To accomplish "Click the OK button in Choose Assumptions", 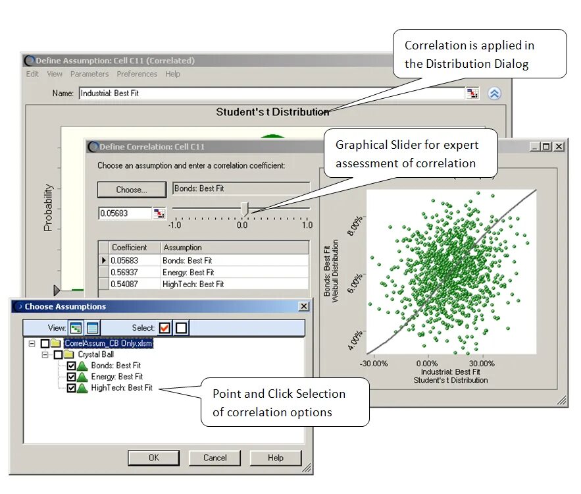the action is tap(153, 458).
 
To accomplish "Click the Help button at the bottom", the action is tap(275, 458).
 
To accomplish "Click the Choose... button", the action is tap(132, 190).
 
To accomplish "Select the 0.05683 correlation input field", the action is tap(124, 213).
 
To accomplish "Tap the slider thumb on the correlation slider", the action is tap(244, 209).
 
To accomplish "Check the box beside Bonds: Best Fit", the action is tap(71, 366).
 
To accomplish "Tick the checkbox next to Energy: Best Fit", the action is tap(71, 377).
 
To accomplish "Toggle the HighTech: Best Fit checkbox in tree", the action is tap(71, 388).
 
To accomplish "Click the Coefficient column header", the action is tap(129, 248).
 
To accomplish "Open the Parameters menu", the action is tap(89, 74).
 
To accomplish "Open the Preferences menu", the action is tap(137, 74).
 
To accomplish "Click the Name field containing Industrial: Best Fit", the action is tap(271, 94).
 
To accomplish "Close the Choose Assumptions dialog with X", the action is tap(303, 306).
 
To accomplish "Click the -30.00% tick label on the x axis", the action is tap(374, 363).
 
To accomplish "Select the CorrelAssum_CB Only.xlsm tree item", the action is tap(108, 343).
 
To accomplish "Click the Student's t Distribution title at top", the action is tap(272, 112).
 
